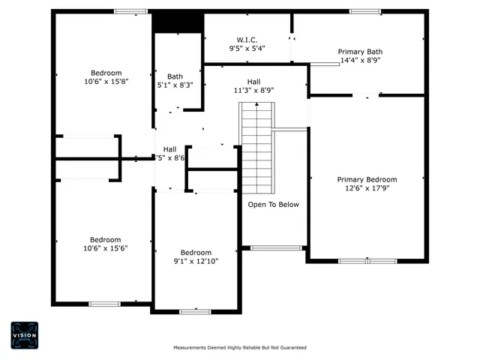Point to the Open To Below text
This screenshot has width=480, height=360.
(274, 204)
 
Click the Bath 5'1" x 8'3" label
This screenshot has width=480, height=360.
(175, 81)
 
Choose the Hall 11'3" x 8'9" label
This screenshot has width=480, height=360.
(253, 85)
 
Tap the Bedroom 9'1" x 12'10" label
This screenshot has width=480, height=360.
(196, 256)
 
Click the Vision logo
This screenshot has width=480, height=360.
(24, 335)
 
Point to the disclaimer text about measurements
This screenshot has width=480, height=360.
(240, 348)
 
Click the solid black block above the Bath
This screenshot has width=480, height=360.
(178, 22)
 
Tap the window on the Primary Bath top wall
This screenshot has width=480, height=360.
(365, 11)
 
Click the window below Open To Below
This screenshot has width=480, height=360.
(276, 247)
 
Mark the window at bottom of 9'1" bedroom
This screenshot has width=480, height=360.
(195, 311)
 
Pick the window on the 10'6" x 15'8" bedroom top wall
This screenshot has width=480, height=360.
(130, 11)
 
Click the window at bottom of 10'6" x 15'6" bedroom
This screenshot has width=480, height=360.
(105, 304)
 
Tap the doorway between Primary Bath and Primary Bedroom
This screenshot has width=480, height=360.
(366, 95)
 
